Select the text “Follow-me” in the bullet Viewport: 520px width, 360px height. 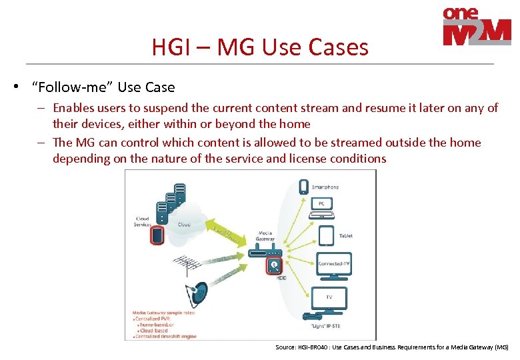75,87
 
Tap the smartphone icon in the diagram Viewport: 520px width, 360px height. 304,186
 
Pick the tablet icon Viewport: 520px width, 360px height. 325,235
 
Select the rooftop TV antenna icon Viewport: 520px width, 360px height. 189,265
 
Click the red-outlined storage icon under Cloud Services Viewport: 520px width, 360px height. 158,235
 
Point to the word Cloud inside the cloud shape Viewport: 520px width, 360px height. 184,225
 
